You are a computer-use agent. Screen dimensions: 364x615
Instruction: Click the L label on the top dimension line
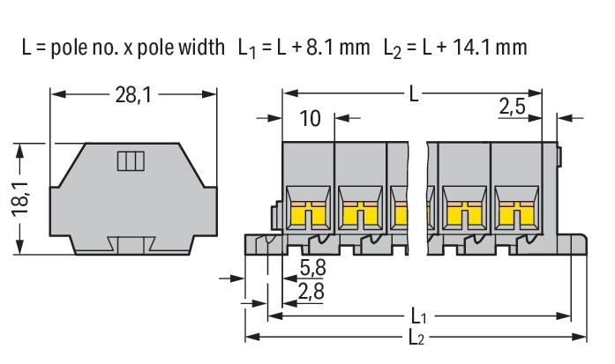point(415,92)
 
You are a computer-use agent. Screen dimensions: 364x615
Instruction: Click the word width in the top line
point(198,47)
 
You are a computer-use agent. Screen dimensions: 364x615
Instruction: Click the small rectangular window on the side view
point(130,160)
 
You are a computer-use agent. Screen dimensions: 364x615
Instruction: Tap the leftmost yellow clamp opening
point(309,213)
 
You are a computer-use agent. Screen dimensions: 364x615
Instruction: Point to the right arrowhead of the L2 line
point(582,337)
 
